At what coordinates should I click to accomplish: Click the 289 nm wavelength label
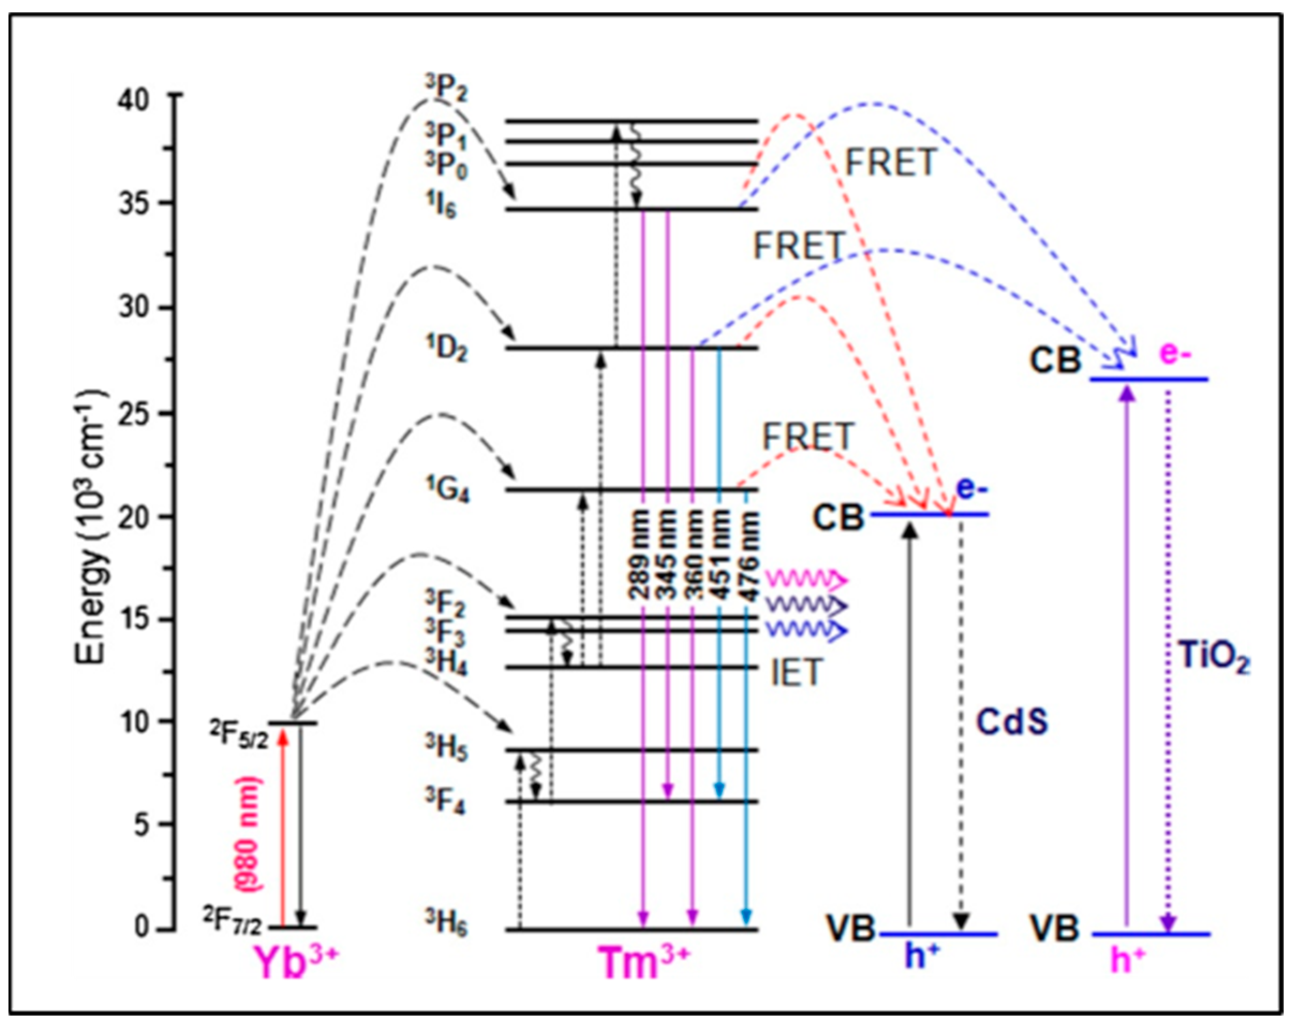[641, 554]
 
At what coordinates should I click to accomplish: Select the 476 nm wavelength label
[749, 554]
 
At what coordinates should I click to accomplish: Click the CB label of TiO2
[1054, 360]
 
